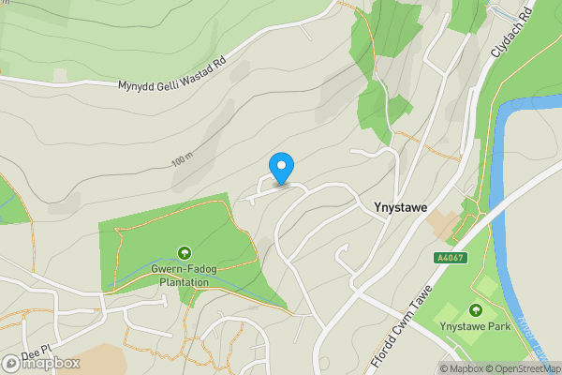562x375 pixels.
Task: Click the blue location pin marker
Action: point(281,168)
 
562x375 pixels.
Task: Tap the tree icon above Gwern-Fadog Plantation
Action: point(184,253)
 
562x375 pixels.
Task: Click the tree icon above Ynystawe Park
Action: point(476,310)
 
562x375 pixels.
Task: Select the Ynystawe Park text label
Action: point(476,326)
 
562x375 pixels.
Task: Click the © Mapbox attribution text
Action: point(461,367)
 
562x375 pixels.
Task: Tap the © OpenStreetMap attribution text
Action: point(524,367)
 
